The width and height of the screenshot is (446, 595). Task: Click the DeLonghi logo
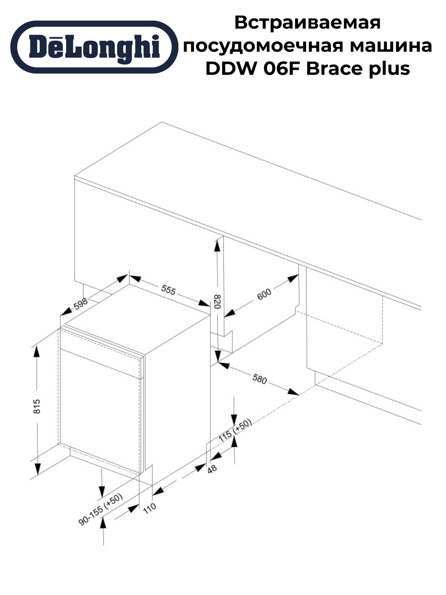click(x=94, y=47)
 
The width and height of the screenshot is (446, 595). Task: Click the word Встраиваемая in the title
click(x=307, y=23)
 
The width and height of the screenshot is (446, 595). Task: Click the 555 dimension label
click(x=168, y=290)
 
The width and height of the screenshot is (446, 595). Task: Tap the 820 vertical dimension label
click(x=217, y=302)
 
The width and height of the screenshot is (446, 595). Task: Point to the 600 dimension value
click(x=264, y=294)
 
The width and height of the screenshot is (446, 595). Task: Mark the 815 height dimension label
click(x=37, y=406)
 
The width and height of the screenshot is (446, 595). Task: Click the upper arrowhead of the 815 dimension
click(x=36, y=352)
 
